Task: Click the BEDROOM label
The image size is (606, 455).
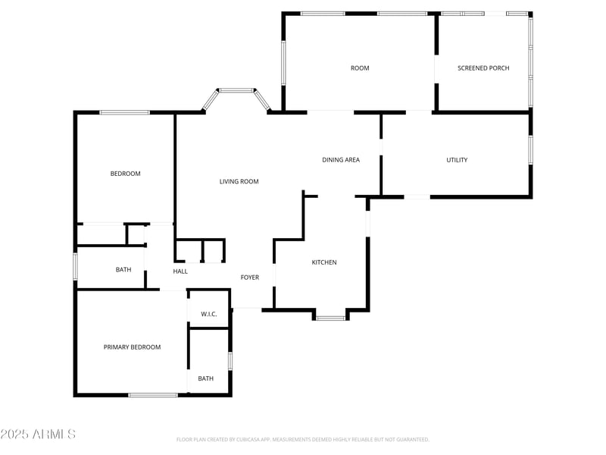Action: click(x=126, y=174)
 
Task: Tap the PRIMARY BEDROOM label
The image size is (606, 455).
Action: click(x=133, y=347)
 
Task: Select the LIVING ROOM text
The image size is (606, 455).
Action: click(x=239, y=182)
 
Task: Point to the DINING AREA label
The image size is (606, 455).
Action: click(x=341, y=160)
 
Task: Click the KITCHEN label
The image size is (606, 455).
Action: click(x=324, y=262)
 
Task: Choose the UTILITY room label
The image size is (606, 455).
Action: click(x=457, y=160)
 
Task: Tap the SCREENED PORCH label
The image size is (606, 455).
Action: click(x=483, y=68)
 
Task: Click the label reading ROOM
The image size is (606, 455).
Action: click(x=360, y=68)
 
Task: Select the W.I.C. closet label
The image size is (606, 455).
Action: click(x=209, y=314)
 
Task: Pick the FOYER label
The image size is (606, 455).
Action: click(x=250, y=278)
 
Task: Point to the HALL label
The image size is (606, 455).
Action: click(x=180, y=271)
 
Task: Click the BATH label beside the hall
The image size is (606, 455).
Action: click(x=123, y=270)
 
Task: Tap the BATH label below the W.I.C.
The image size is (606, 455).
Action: click(x=206, y=378)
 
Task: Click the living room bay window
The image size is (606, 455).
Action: click(x=236, y=91)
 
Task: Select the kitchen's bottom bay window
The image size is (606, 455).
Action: click(x=330, y=318)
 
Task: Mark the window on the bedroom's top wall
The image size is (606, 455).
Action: click(x=124, y=113)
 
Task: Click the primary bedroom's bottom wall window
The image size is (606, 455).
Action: click(x=153, y=394)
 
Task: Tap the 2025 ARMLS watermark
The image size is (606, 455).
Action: click(x=38, y=435)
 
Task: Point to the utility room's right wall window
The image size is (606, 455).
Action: click(x=530, y=149)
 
